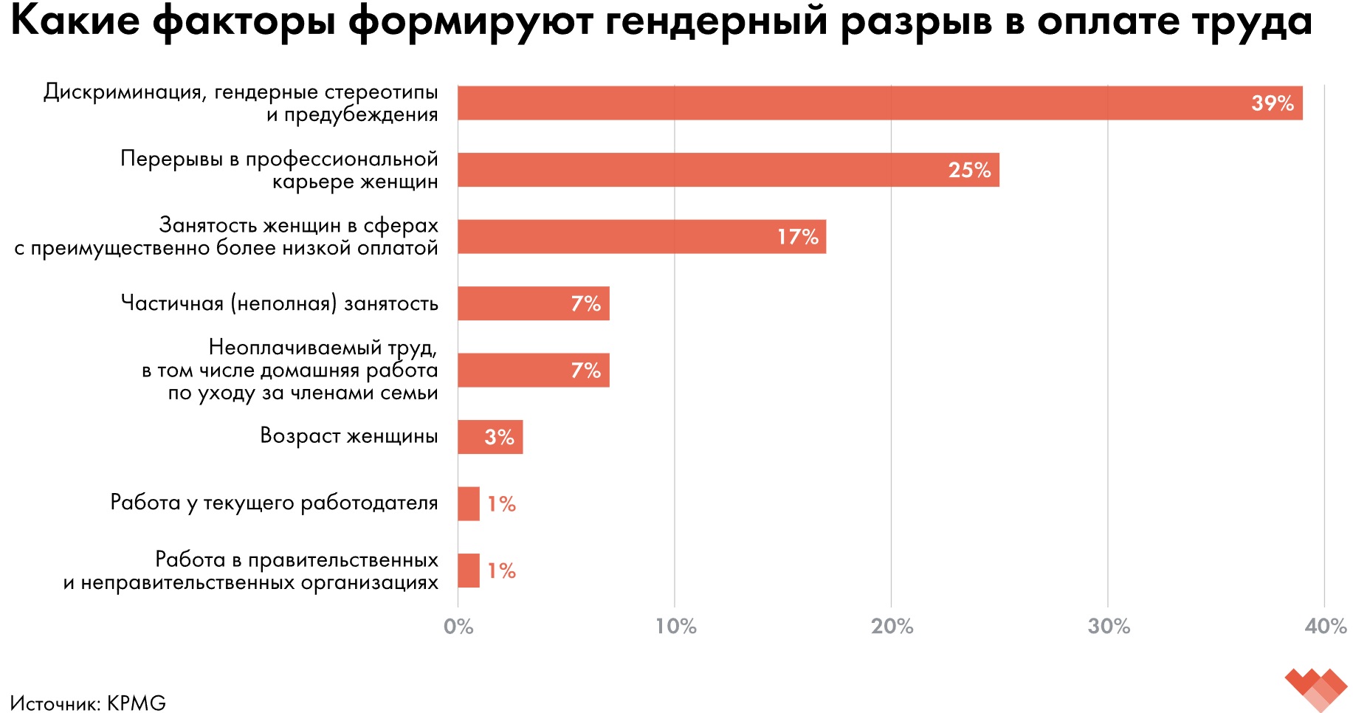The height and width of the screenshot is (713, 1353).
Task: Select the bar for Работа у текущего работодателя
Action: [x=469, y=503]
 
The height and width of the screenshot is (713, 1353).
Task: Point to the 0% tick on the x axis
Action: [x=458, y=627]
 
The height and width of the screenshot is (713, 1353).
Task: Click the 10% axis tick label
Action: [x=675, y=627]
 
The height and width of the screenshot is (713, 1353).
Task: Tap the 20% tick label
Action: [x=892, y=627]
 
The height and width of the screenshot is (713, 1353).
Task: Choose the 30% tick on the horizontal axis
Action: [x=1109, y=627]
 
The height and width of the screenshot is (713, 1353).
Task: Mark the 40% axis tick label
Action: [x=1325, y=627]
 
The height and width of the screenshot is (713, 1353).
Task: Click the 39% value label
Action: [x=1273, y=103]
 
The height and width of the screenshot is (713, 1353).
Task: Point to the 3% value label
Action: [x=499, y=437]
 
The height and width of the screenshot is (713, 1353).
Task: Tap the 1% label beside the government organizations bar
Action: [x=502, y=571]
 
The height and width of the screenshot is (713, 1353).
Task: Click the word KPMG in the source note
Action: [x=137, y=703]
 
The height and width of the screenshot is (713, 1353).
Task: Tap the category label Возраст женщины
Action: [x=348, y=435]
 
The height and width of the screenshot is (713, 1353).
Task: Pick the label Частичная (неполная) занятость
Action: [x=279, y=303]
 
